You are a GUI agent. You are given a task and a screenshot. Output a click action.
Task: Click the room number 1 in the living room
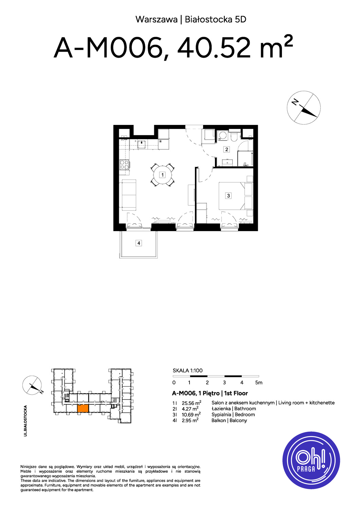[x=162, y=175]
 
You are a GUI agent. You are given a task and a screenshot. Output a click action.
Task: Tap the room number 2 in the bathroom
[x=227, y=149]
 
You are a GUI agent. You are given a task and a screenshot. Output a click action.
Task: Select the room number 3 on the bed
[x=228, y=195]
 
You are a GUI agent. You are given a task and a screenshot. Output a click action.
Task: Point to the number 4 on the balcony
[x=139, y=243]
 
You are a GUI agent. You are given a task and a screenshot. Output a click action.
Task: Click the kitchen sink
[x=142, y=144]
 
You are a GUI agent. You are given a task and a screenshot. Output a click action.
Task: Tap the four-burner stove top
[x=124, y=165]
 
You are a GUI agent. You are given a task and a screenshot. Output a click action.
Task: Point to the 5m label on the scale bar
[x=259, y=383]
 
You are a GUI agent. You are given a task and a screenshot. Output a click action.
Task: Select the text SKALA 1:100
[x=187, y=371]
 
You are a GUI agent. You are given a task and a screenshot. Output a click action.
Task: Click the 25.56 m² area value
[x=191, y=403]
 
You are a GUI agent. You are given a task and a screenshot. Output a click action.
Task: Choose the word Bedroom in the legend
[x=245, y=414]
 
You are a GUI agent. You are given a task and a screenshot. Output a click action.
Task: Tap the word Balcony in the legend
[x=238, y=420]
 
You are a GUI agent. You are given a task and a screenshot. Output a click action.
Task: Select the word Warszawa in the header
[x=157, y=20]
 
